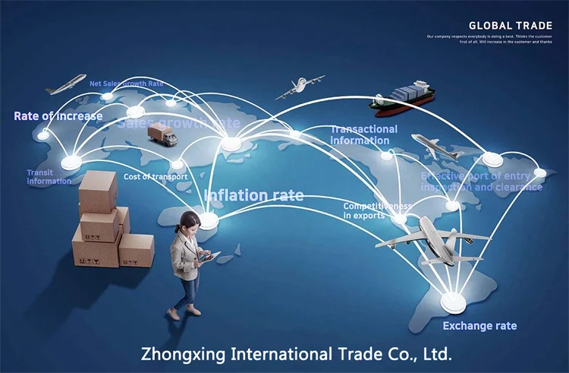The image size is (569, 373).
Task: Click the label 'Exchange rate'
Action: [x=479, y=326]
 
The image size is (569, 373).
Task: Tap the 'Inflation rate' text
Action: [x=253, y=195]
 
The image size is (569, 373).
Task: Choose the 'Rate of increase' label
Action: [x=58, y=116]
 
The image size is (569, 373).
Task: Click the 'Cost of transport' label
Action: [x=155, y=177]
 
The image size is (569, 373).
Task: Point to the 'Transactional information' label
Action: [x=363, y=134]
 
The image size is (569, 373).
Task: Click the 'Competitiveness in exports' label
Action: [x=377, y=210]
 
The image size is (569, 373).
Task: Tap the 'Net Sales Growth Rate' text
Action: [x=126, y=84]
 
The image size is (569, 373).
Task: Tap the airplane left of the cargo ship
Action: [x=300, y=87]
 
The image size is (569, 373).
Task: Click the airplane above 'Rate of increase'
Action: [x=65, y=85]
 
